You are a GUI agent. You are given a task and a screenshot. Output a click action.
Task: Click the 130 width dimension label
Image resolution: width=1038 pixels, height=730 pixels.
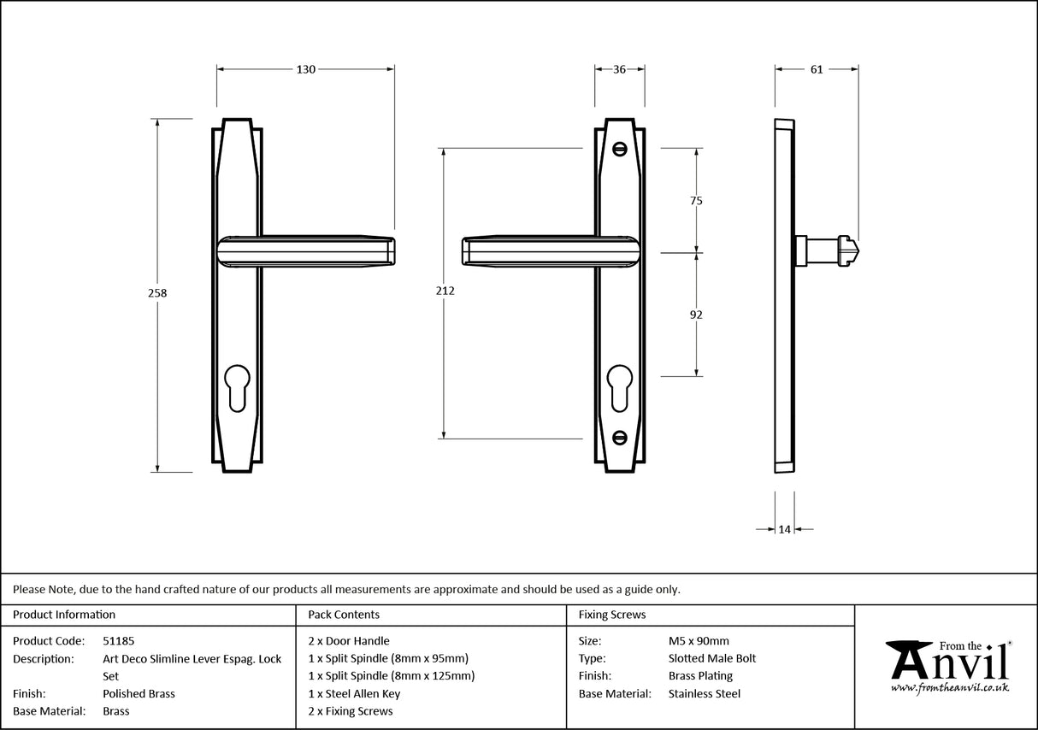(306, 69)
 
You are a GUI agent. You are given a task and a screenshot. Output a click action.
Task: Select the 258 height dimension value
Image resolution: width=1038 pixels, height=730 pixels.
(157, 292)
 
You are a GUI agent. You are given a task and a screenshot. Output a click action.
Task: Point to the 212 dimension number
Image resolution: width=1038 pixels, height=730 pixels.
(445, 291)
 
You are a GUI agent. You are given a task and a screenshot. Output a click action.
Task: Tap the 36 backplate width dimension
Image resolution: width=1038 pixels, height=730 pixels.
(619, 69)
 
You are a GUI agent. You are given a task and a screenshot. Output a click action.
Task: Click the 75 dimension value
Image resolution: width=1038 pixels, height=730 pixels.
(696, 201)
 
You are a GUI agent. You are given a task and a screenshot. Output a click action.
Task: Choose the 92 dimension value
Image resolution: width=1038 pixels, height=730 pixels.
(696, 315)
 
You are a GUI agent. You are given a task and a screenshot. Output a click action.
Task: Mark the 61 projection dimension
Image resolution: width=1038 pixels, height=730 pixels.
(816, 69)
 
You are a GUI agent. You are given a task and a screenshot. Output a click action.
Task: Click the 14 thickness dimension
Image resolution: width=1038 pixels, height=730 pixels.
(784, 529)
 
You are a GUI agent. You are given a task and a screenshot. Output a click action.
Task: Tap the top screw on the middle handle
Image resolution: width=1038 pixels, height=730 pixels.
(620, 149)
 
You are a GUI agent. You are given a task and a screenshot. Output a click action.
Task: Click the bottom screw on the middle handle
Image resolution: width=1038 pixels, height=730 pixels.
(620, 439)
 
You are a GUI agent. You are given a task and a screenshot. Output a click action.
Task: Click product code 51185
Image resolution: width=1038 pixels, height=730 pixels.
(118, 640)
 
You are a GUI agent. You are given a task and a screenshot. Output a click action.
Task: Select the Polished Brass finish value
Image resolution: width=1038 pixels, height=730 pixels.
(139, 693)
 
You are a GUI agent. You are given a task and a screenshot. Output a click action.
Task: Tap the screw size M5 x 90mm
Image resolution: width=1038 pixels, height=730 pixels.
(699, 640)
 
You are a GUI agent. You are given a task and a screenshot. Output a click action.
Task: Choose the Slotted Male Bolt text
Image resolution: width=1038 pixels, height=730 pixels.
(712, 658)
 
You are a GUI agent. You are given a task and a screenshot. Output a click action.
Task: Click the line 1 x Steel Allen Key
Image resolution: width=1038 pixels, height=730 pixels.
(354, 693)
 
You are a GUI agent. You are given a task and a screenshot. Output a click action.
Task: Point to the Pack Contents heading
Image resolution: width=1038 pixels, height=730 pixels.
(344, 614)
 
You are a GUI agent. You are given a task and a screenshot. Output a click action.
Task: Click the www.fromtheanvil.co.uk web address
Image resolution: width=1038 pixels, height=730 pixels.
(949, 686)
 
